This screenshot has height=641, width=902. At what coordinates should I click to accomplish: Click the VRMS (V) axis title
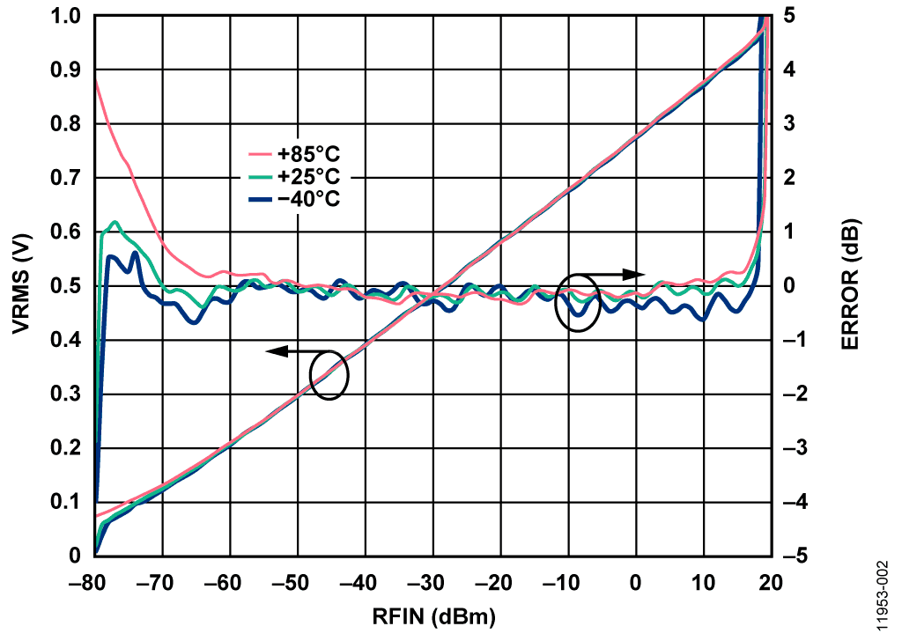click(19, 285)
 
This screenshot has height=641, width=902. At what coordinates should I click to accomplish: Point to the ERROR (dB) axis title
click(849, 285)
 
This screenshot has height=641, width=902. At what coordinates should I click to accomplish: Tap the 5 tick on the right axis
click(789, 17)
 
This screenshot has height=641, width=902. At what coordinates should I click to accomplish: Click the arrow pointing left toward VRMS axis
click(277, 351)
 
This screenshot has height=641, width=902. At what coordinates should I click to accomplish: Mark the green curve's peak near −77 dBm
click(115, 222)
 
